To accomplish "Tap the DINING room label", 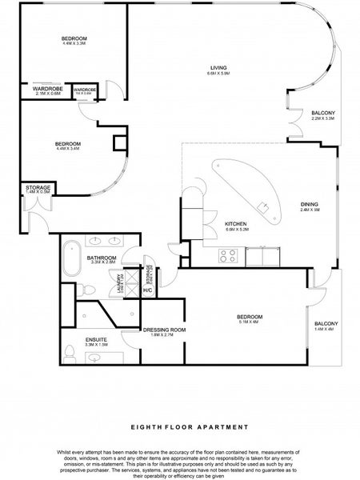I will tap(309, 206).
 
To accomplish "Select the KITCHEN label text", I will tap(235, 225).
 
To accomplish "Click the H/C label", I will tap(147, 290).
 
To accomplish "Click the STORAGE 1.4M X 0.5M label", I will tap(38, 190).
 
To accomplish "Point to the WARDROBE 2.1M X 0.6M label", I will tap(47, 91).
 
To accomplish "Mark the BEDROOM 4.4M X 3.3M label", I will tap(74, 42).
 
